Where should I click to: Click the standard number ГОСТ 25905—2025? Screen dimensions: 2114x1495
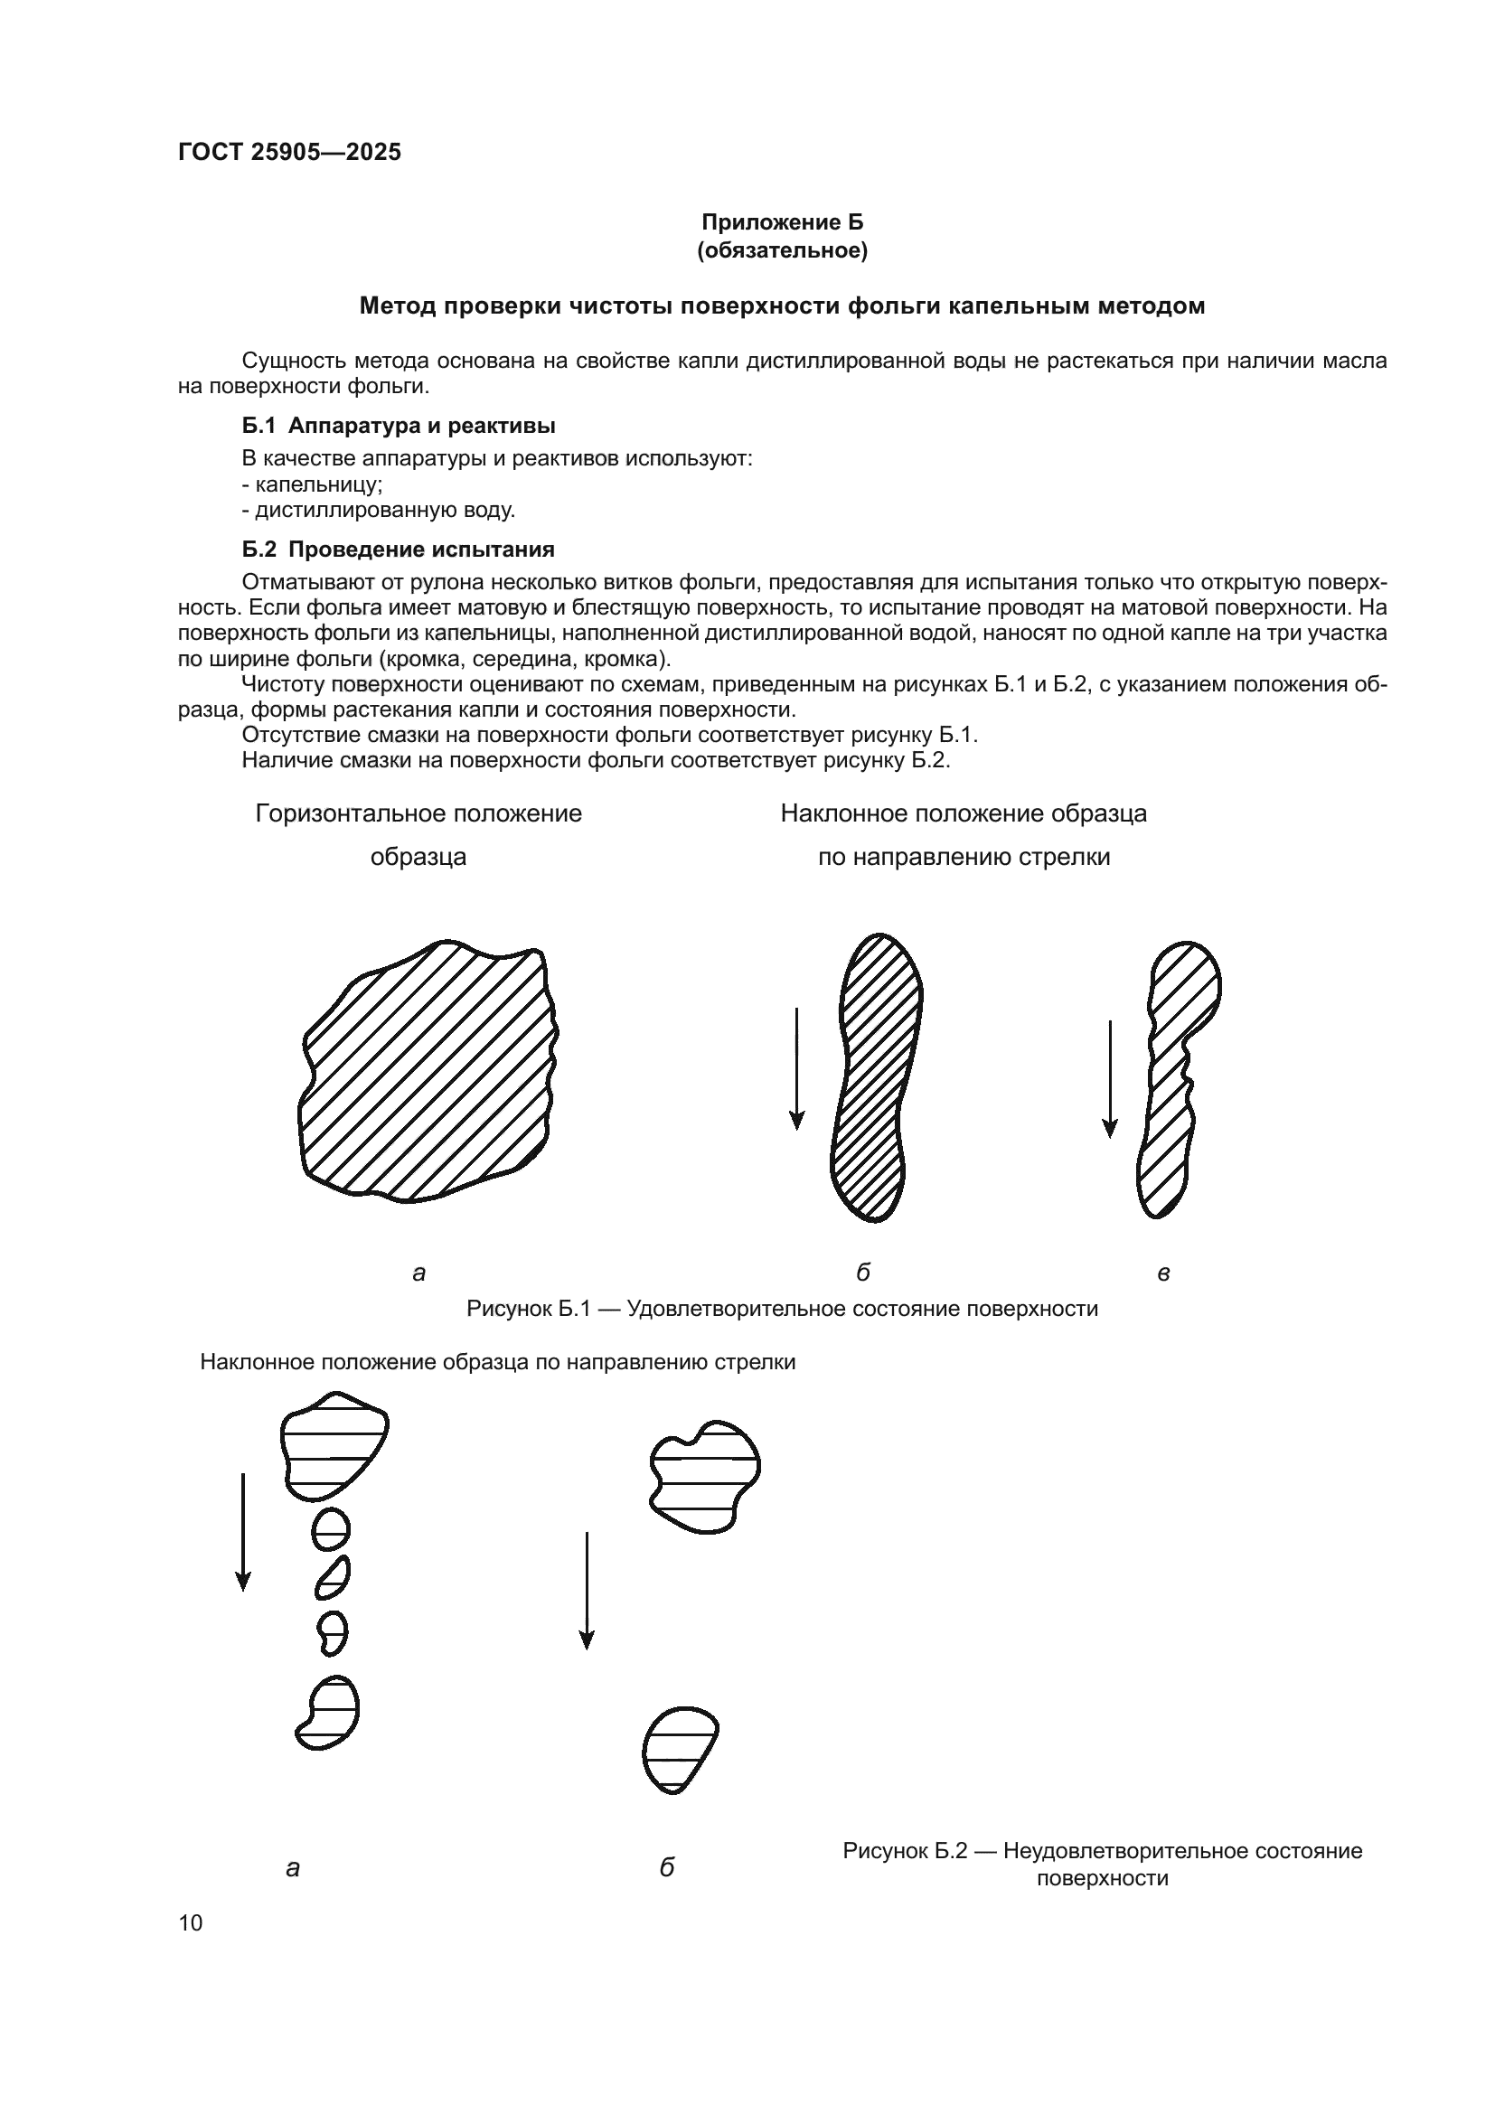tap(290, 152)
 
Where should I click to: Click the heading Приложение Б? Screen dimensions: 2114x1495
tap(783, 222)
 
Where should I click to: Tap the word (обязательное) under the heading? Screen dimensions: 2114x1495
tap(783, 250)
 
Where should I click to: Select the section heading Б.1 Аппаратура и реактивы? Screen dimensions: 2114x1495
tap(399, 426)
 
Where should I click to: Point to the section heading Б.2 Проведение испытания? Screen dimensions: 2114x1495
tap(399, 550)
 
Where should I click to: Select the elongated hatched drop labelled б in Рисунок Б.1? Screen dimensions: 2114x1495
tap(875, 1077)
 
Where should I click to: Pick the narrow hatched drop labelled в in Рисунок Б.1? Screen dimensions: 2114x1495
tap(1174, 1077)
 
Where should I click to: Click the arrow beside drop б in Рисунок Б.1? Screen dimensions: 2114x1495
tap(797, 1068)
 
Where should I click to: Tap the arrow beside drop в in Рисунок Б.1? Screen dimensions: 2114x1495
tap(1110, 1077)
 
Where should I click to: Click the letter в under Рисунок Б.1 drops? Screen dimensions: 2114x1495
tap(1162, 1273)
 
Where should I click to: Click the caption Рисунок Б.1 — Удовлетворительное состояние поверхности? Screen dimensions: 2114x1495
tap(783, 1309)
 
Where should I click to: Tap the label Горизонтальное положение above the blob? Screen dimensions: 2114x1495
tap(418, 814)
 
